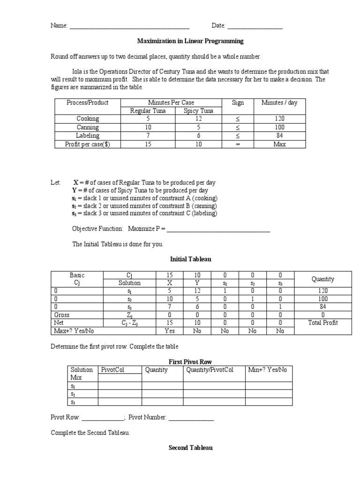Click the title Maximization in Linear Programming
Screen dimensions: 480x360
190,41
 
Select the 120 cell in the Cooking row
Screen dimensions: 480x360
279,119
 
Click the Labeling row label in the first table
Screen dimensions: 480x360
88,135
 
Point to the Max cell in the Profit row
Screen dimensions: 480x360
279,144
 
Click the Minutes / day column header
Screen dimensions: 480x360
279,103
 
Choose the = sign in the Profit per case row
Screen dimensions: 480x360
237,144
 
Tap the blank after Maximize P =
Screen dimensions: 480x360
218,229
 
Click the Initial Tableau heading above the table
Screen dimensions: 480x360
190,259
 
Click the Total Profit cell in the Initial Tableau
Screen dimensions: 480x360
323,322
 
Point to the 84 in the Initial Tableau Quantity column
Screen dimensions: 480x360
323,307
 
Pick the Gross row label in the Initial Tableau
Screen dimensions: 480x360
62,315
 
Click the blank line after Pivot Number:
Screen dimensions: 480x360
191,418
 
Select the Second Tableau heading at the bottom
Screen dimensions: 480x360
190,448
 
